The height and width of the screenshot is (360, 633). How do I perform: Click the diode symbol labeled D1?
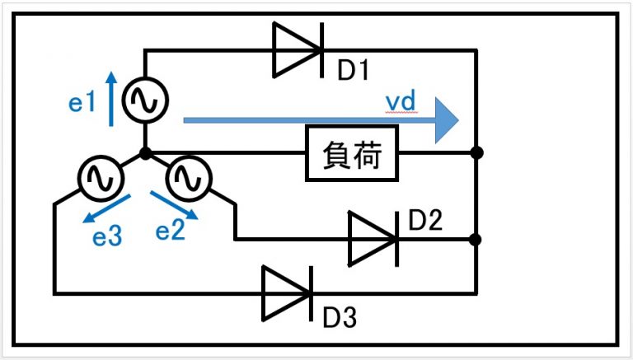[298, 49]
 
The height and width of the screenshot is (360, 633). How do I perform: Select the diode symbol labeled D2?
[373, 240]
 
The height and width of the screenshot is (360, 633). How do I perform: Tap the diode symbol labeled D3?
[288, 292]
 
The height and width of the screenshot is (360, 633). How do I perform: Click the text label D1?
[352, 72]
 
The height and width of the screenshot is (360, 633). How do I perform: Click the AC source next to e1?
[145, 101]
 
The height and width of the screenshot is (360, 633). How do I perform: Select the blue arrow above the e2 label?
[174, 206]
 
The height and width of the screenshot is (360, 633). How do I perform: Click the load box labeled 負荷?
[353, 153]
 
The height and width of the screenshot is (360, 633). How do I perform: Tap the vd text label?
[405, 101]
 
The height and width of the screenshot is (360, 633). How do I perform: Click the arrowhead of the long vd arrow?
[446, 119]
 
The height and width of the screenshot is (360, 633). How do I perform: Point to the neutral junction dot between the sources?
[145, 153]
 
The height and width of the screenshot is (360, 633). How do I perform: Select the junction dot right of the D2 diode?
[476, 240]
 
